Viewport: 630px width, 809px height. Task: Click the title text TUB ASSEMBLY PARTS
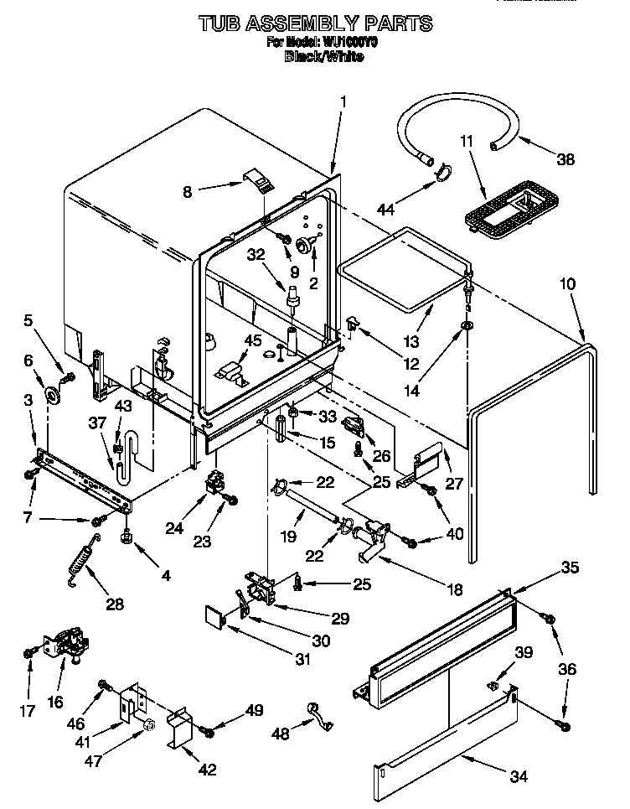point(316,23)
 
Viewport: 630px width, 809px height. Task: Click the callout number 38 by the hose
point(565,160)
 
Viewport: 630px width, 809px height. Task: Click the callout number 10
point(568,284)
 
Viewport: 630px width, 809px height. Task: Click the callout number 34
point(519,776)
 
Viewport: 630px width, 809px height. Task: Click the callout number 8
point(188,192)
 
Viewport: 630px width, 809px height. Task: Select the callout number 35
point(570,568)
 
